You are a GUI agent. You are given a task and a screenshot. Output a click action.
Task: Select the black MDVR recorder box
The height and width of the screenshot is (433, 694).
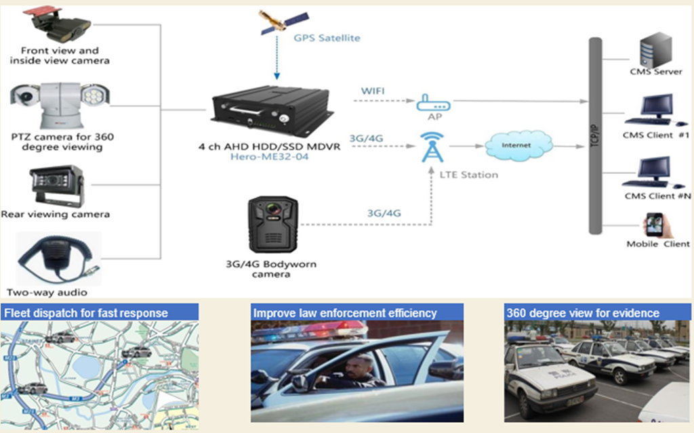pyautogui.click(x=272, y=110)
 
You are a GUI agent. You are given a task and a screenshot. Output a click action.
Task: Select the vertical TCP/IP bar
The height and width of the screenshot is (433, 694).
pyautogui.click(x=595, y=135)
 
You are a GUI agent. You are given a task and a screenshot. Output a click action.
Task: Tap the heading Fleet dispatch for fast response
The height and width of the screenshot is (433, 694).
pyautogui.click(x=86, y=313)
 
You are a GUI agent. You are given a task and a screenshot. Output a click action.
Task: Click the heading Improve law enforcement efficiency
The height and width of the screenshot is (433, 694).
pyautogui.click(x=345, y=313)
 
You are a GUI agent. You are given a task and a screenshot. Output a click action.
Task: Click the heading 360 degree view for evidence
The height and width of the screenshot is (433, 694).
pyautogui.click(x=583, y=313)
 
